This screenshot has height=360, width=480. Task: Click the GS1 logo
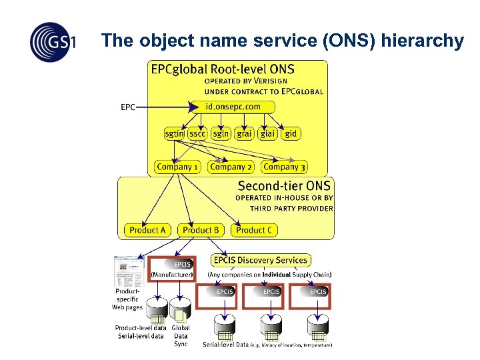(x=52, y=41)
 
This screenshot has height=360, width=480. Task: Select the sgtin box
(x=175, y=133)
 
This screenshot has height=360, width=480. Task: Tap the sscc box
(x=197, y=133)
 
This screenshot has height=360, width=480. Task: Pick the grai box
(x=244, y=133)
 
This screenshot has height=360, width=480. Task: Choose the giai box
(x=268, y=133)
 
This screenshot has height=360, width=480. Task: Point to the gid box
(x=291, y=133)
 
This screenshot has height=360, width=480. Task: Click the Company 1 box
(x=177, y=167)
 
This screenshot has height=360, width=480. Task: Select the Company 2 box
(x=231, y=167)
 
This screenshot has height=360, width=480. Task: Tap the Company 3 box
(x=284, y=167)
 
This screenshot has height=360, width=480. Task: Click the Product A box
(x=147, y=230)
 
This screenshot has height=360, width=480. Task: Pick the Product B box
(x=201, y=230)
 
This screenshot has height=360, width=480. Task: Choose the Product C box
(x=254, y=230)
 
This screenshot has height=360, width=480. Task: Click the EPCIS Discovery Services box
(x=261, y=260)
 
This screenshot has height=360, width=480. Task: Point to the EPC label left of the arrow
(x=127, y=107)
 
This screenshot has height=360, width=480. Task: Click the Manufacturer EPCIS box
(x=173, y=268)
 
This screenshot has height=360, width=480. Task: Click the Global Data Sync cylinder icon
(x=181, y=309)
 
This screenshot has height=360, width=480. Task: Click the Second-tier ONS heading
(x=284, y=186)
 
